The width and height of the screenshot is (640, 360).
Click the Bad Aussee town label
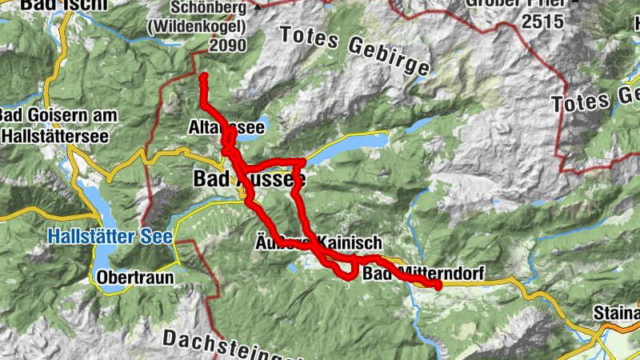coord(243,180)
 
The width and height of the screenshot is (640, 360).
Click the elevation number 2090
coord(227,46)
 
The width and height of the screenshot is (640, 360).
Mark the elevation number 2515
coord(542,22)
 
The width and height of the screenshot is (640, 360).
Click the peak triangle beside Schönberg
coord(258,7)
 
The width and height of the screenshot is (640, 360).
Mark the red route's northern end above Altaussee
coord(203,78)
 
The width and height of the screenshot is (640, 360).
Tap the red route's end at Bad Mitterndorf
coord(438,285)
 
